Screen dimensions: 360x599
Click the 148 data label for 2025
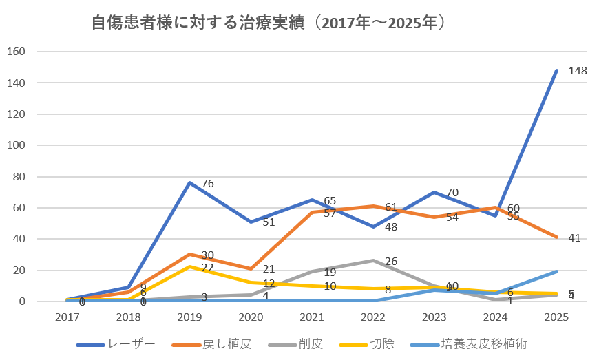(x=578, y=71)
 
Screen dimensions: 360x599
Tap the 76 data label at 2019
(x=207, y=184)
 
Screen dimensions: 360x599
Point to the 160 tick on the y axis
(x=17, y=52)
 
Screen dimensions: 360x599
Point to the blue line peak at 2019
(x=189, y=182)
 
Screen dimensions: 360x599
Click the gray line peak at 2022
(x=372, y=260)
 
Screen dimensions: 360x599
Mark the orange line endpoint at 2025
(x=556, y=237)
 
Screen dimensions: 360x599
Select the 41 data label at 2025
(x=575, y=238)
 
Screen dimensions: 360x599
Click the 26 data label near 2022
(x=391, y=262)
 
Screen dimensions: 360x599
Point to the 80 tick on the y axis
(x=19, y=176)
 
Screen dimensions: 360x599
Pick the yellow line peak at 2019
(x=189, y=266)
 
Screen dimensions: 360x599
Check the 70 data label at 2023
(x=452, y=193)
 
